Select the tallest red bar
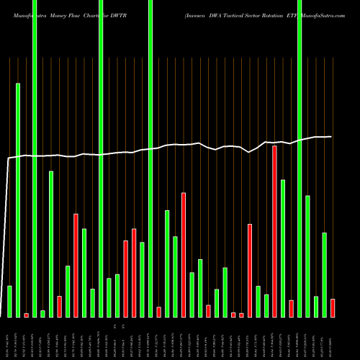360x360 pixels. coord(274,231)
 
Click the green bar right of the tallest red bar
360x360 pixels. coord(283,248)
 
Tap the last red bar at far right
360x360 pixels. coord(333,308)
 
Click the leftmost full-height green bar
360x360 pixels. coord(35,158)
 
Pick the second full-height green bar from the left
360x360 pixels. coord(100,158)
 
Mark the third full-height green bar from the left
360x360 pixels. coord(150,158)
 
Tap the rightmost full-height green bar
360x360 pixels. coord(300,158)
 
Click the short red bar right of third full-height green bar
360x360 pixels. coord(158,312)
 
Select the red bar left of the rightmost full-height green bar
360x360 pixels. coord(291,308)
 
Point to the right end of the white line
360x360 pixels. coord(331,136)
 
